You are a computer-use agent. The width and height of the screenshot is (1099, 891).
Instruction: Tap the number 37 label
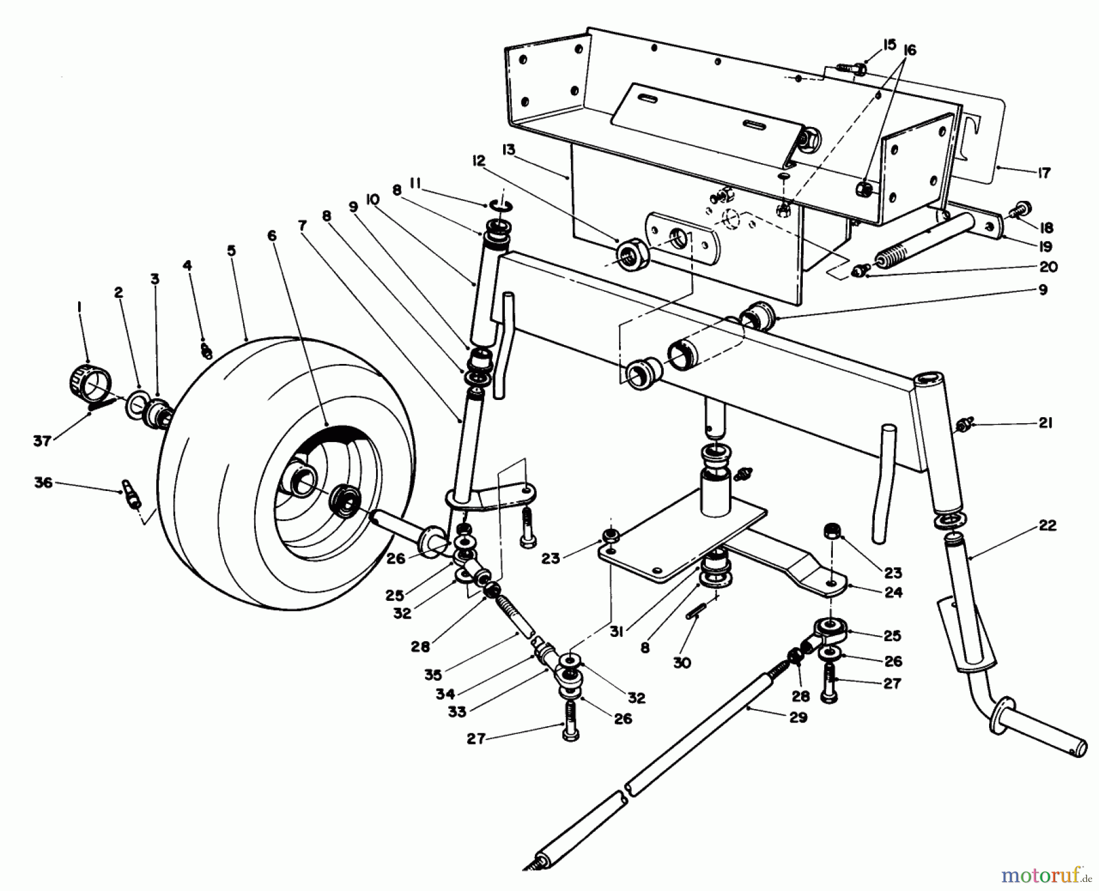(x=42, y=440)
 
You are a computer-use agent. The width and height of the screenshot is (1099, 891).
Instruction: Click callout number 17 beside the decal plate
(x=1043, y=173)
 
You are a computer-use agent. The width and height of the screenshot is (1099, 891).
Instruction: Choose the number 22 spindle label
(x=1047, y=526)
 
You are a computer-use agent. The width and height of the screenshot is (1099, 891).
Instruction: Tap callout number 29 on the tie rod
(x=797, y=718)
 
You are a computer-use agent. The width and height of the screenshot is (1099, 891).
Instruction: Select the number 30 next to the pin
(x=682, y=662)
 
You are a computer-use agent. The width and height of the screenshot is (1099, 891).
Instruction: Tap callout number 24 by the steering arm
(x=893, y=592)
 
